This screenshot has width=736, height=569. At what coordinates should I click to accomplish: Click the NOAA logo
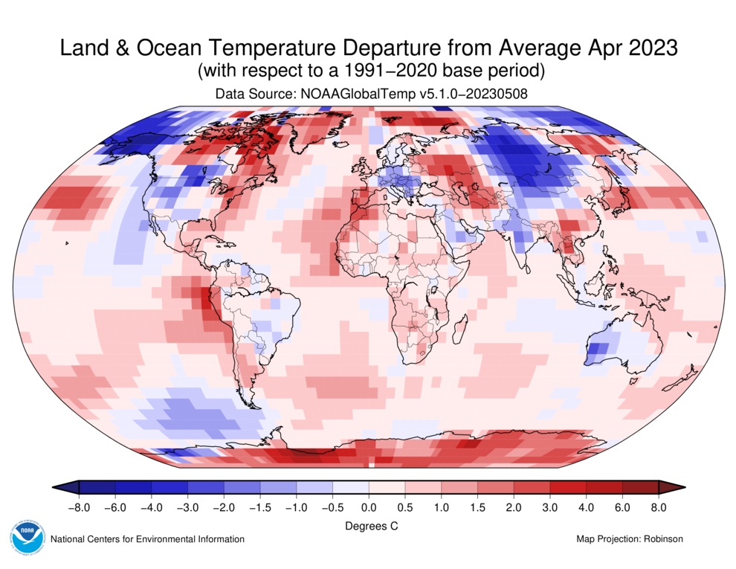28,538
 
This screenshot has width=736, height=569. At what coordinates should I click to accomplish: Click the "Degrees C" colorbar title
368,526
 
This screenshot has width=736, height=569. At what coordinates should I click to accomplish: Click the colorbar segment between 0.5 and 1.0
422,487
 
